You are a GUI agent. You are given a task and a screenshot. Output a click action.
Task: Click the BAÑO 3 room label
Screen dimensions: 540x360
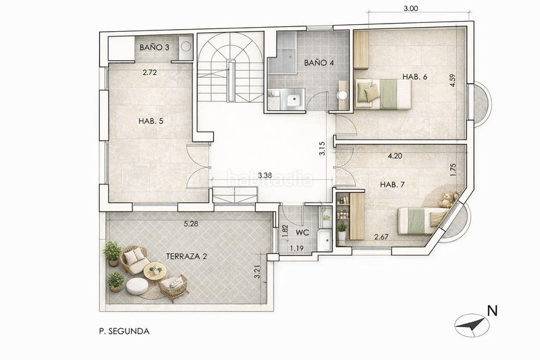[155, 47]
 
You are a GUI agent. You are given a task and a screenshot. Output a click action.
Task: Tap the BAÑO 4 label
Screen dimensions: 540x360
[319, 63]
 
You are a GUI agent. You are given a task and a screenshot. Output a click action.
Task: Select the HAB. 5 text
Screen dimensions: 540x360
[151, 121]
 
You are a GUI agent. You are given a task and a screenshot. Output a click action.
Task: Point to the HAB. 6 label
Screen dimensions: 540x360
[414, 77]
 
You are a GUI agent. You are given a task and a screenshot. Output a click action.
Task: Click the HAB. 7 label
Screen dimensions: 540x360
[392, 184]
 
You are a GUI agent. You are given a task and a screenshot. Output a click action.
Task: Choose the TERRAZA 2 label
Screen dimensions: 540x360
[186, 256]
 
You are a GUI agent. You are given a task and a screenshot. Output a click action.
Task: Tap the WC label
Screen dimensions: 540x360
[302, 232]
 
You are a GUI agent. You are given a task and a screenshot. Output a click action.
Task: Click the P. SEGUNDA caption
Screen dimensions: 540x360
[124, 332]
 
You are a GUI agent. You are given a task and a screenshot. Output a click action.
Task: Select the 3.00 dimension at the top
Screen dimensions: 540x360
[411, 9]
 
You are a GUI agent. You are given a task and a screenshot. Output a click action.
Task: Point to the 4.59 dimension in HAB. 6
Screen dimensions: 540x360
[453, 80]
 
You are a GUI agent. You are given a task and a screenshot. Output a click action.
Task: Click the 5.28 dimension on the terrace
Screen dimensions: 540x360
[191, 224]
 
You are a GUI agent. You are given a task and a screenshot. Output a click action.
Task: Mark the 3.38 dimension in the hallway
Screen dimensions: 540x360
[265, 175]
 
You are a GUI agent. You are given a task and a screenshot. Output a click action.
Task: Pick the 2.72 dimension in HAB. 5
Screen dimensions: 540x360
[150, 72]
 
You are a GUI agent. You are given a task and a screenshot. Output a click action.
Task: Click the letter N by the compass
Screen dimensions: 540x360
[493, 311]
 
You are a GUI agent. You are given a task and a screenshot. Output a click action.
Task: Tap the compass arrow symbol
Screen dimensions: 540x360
[472, 325]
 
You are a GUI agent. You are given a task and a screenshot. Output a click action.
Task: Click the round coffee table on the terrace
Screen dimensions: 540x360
[155, 271]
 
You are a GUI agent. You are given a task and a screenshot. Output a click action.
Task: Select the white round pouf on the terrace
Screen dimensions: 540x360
[137, 286]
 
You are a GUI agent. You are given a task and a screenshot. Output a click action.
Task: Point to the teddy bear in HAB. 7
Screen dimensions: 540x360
[447, 199]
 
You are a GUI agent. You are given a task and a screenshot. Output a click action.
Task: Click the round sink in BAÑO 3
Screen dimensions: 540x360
[186, 47]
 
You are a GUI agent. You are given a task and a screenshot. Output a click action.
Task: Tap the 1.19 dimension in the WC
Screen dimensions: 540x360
[296, 248]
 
